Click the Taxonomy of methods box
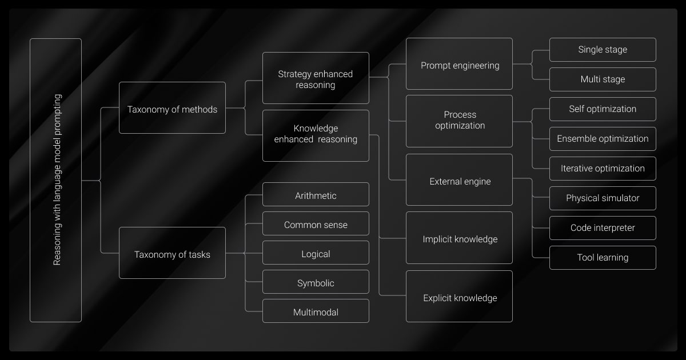tap(172, 108)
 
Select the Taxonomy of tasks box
tap(172, 253)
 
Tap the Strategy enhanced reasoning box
tap(316, 78)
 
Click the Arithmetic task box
tap(316, 195)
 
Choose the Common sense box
tap(316, 224)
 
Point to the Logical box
tap(316, 253)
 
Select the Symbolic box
tap(316, 282)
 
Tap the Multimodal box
tap(316, 311)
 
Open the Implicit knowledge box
tap(459, 238)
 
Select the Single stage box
tap(603, 50)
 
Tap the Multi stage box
tap(603, 79)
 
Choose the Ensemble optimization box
tap(603, 139)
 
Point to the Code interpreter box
tap(603, 228)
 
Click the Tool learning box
tap(603, 258)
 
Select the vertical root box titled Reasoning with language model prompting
tap(55, 180)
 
